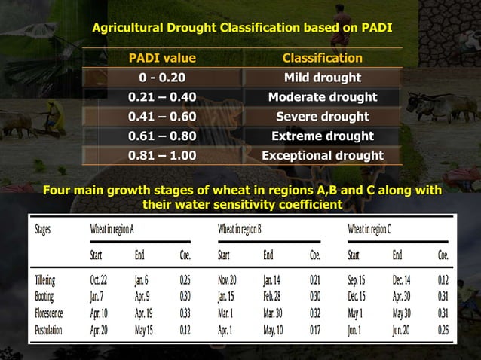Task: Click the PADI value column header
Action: tap(162, 58)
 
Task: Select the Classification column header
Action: tap(322, 58)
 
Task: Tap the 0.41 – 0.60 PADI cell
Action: tap(162, 117)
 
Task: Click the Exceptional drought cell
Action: tap(322, 156)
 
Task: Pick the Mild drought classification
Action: tap(322, 78)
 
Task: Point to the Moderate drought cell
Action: tap(322, 97)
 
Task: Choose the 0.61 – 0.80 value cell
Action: tap(162, 136)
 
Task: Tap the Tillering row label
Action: tap(44, 279)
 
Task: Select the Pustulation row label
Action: tap(48, 331)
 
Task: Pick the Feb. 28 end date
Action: tap(276, 297)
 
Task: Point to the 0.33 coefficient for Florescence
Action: tap(185, 313)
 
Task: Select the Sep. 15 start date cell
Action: tap(358, 279)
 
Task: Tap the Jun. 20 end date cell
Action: tap(403, 331)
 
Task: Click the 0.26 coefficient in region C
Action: tap(443, 331)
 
